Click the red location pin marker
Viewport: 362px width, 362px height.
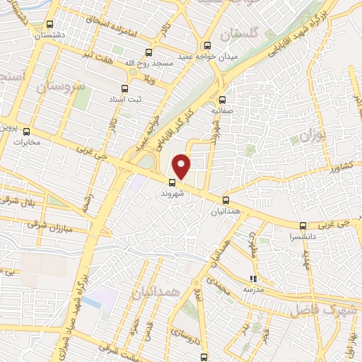tap(182, 165)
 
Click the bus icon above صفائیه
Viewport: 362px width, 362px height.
tap(223, 100)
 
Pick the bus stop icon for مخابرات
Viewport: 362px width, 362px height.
tap(27, 131)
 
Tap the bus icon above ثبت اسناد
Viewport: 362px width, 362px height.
tap(125, 88)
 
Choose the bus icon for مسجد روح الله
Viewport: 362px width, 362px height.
tap(148, 52)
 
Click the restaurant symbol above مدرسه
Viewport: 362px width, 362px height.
tap(253, 279)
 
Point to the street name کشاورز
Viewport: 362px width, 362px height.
tap(323, 170)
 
